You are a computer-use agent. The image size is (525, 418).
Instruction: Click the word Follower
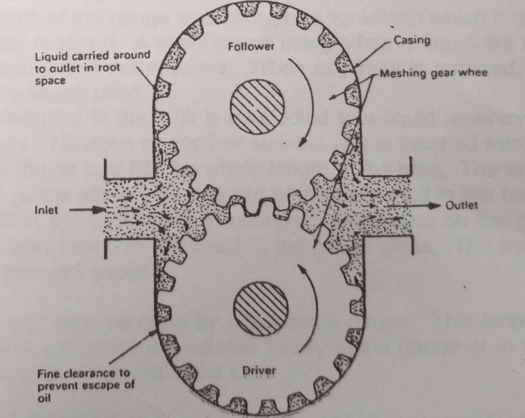click(x=251, y=47)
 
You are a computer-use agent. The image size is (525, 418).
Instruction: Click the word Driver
click(x=259, y=370)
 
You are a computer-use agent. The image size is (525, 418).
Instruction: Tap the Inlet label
click(x=46, y=210)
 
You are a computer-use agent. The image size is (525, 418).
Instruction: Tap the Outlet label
click(x=461, y=205)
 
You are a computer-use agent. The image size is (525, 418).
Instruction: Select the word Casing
click(x=412, y=40)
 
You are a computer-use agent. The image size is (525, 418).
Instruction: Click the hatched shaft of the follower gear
click(x=257, y=106)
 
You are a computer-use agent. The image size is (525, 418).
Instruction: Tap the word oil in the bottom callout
click(x=44, y=398)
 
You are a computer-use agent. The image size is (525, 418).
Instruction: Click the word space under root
click(x=50, y=81)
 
